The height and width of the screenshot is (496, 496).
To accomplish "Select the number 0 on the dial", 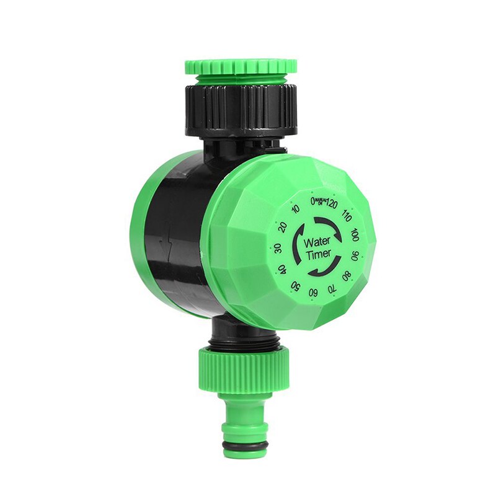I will point(313,201).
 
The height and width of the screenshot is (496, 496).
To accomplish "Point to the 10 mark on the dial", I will point(295,210).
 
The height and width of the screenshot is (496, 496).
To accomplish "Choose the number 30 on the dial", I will point(277,248).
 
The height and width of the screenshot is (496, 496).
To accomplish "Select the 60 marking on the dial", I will point(314,292).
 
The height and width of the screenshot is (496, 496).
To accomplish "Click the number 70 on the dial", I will point(332,287).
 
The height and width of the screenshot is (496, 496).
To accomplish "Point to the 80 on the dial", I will point(347,274).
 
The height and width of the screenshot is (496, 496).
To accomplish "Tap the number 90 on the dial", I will point(355,255).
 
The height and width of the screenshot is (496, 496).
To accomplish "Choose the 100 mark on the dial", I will point(354,235).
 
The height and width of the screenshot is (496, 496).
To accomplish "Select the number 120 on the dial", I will point(332,204).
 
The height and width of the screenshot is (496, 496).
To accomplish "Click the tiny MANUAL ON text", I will point(321,201).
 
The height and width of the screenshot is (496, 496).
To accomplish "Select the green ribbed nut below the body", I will point(244,367).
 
